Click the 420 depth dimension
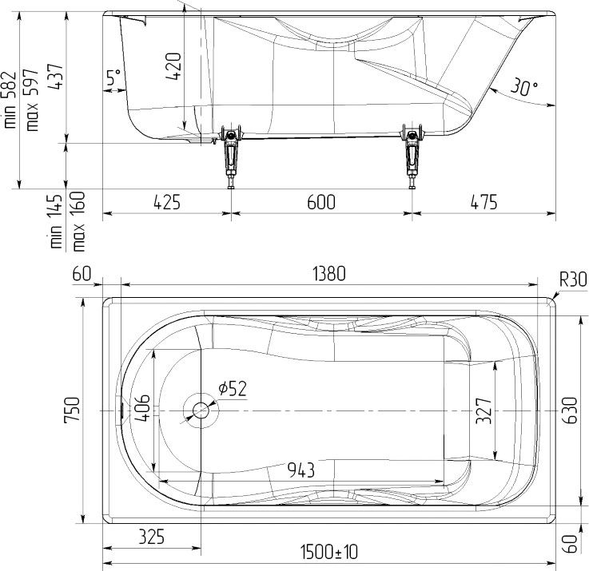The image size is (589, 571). pyautogui.click(x=173, y=66)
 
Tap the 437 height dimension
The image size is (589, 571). pyautogui.click(x=56, y=76)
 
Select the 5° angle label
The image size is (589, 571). pyautogui.click(x=113, y=77)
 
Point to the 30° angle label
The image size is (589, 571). pyautogui.click(x=523, y=87)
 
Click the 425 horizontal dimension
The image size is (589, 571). pyautogui.click(x=167, y=202)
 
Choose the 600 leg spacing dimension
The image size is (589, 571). pyautogui.click(x=321, y=202)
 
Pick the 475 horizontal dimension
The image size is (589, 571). pyautogui.click(x=484, y=202)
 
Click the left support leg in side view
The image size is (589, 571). pyautogui.click(x=231, y=157)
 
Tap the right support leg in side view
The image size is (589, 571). pyautogui.click(x=412, y=157)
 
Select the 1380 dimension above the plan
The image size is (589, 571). pyautogui.click(x=329, y=274)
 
